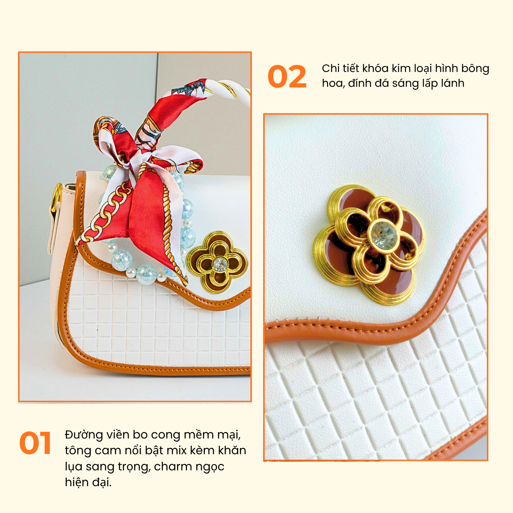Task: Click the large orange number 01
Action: (35, 443)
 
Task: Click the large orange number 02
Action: (287, 77)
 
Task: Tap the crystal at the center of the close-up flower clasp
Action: (384, 236)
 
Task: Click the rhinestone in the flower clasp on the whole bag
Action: (220, 264)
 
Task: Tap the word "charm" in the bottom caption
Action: (173, 467)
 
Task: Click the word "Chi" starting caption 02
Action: (331, 68)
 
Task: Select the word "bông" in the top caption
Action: (475, 68)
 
